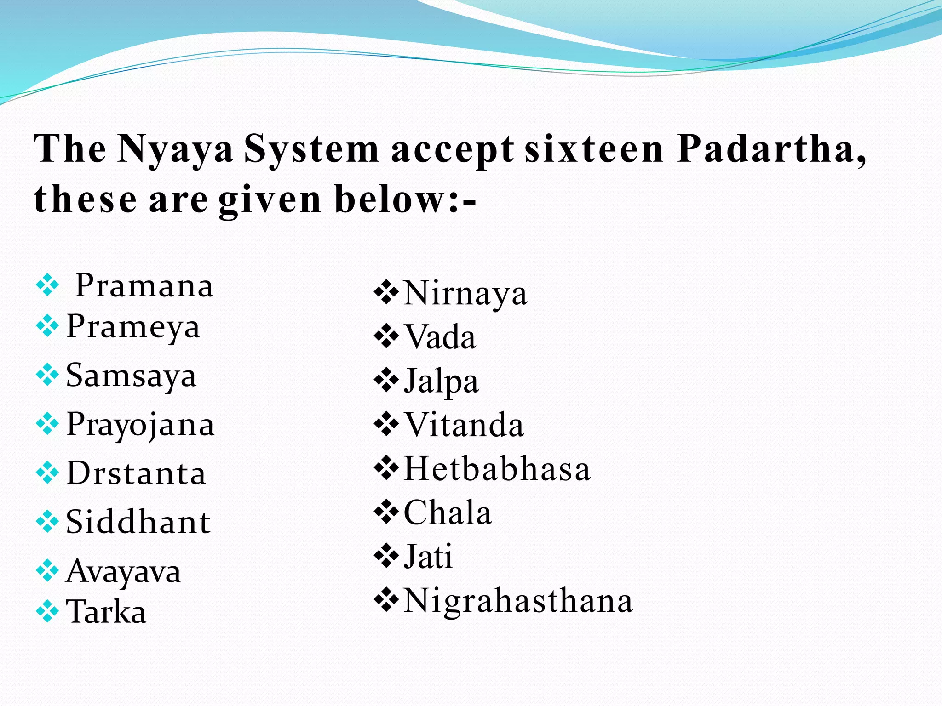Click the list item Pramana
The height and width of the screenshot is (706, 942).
click(144, 285)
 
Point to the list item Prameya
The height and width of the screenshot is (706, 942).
click(133, 327)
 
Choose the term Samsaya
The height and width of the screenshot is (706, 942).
click(131, 376)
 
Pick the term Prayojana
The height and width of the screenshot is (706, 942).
click(140, 425)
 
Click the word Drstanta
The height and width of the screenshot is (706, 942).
click(136, 473)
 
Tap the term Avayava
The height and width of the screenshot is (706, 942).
click(123, 571)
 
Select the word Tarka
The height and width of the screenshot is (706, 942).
click(106, 612)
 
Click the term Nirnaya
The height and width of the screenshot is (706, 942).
click(465, 293)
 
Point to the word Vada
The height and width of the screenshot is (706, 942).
click(440, 337)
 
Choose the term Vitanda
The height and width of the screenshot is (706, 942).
click(464, 425)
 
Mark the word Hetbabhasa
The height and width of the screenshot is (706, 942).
click(497, 469)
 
